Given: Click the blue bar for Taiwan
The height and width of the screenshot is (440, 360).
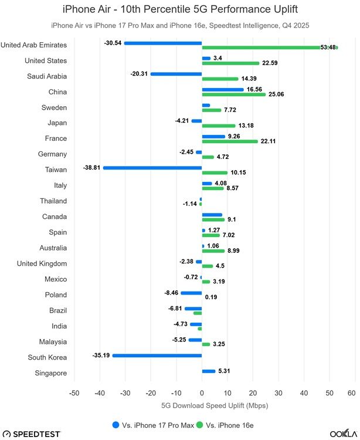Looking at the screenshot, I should coord(152,168).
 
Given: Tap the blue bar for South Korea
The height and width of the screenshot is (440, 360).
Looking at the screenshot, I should coord(157,356).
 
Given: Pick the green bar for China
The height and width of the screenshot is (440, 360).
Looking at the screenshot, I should coord(233,94).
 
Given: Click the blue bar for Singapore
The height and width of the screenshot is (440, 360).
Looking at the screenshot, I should coord(209,371).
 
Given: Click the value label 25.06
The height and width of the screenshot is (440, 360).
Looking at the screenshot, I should coord(277,94).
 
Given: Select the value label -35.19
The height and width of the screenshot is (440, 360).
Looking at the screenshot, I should coord(101,355).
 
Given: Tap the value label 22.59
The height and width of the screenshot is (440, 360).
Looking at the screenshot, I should coord(271,63).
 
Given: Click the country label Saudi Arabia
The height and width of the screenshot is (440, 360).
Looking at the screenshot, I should coord(47,76).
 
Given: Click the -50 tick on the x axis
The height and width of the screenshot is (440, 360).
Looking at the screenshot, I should coord(74,393).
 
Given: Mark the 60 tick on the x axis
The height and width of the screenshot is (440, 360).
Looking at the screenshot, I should coord(352,393).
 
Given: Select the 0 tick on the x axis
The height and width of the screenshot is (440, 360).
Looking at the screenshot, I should coord(202,393).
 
